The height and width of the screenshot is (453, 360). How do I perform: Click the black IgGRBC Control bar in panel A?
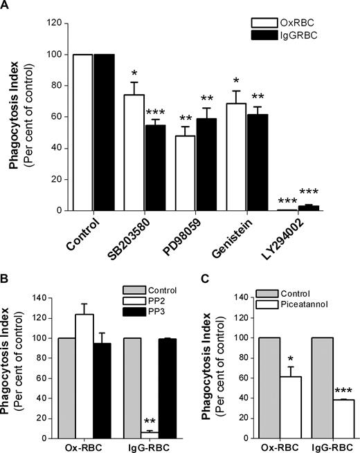pos(104,132)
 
